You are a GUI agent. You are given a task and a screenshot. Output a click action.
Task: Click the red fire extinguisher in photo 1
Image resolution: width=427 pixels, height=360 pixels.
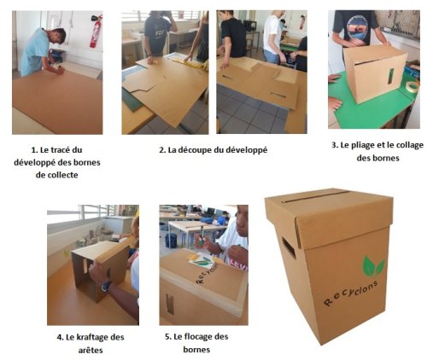96,32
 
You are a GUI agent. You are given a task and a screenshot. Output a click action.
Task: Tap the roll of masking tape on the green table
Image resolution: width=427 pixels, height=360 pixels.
412,86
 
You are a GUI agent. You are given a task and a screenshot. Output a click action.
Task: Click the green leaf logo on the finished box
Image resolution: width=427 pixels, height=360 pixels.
373,266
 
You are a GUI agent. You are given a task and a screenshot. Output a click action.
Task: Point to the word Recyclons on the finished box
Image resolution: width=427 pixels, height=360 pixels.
351,293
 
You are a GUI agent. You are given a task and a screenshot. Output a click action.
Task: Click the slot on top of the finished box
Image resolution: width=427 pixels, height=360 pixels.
315,197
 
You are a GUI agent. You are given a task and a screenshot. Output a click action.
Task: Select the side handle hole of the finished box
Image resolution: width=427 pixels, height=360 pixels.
289,247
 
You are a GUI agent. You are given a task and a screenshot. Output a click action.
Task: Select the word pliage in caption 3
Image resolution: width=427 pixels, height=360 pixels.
362,145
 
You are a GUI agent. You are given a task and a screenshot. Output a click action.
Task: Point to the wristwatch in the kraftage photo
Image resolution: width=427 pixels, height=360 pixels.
106,286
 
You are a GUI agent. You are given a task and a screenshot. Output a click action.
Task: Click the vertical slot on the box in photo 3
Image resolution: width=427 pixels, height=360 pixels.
391,76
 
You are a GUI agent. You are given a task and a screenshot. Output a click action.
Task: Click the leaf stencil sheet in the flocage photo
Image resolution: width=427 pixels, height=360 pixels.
202,262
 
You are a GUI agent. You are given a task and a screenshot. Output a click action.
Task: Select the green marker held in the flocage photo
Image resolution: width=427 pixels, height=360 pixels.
202,237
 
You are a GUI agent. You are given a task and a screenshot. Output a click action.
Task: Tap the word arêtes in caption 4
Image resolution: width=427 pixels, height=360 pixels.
91,350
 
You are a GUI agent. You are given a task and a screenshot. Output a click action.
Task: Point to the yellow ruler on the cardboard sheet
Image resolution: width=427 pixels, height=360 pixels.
189,63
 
